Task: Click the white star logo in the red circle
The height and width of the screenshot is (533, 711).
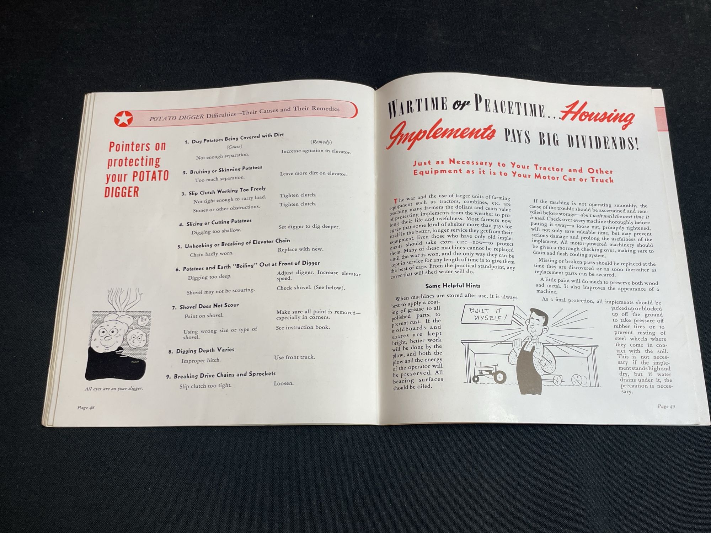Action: point(123,118)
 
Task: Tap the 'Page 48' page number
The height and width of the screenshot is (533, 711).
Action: point(86,408)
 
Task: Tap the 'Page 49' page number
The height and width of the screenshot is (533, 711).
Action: point(666,406)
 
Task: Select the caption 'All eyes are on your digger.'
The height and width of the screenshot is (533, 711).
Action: point(114,388)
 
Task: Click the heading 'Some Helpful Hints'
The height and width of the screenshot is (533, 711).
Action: point(453,286)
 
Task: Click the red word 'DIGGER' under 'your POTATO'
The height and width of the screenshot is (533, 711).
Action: point(122,192)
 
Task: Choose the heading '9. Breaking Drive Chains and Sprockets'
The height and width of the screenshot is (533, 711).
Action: point(221,375)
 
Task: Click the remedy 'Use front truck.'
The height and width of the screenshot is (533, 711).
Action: point(294,357)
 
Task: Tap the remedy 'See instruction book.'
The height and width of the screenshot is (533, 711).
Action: point(303,327)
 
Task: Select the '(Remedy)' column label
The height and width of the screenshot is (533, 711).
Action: point(321,142)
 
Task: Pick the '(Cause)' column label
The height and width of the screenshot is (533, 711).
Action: point(234,146)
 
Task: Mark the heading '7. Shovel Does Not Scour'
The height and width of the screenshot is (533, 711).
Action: point(206,306)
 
